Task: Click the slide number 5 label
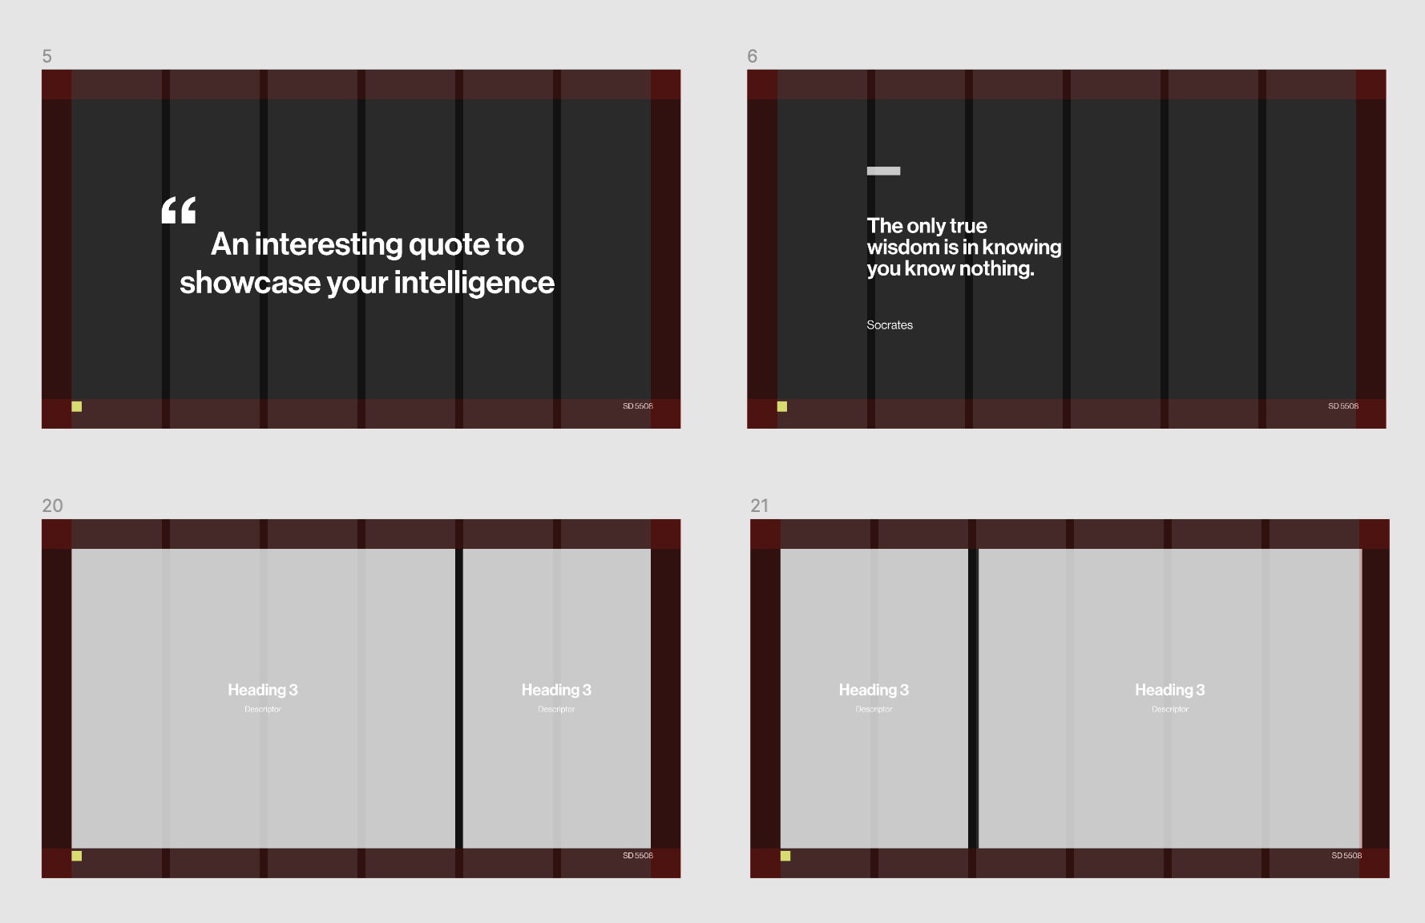[47, 56]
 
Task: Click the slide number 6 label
[752, 56]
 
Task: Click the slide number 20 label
[52, 506]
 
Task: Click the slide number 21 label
[759, 506]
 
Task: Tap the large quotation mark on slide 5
[179, 210]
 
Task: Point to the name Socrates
[890, 325]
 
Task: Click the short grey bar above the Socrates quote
[883, 171]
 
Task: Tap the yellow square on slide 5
[77, 406]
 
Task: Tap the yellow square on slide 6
[782, 406]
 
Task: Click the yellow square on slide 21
[785, 856]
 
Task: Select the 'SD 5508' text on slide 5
[638, 406]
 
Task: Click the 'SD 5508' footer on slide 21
[1346, 856]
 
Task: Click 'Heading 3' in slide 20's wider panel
[263, 690]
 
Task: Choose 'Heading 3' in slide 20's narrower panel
[556, 690]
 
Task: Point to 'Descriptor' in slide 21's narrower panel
[874, 709]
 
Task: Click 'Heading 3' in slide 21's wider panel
[1170, 690]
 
